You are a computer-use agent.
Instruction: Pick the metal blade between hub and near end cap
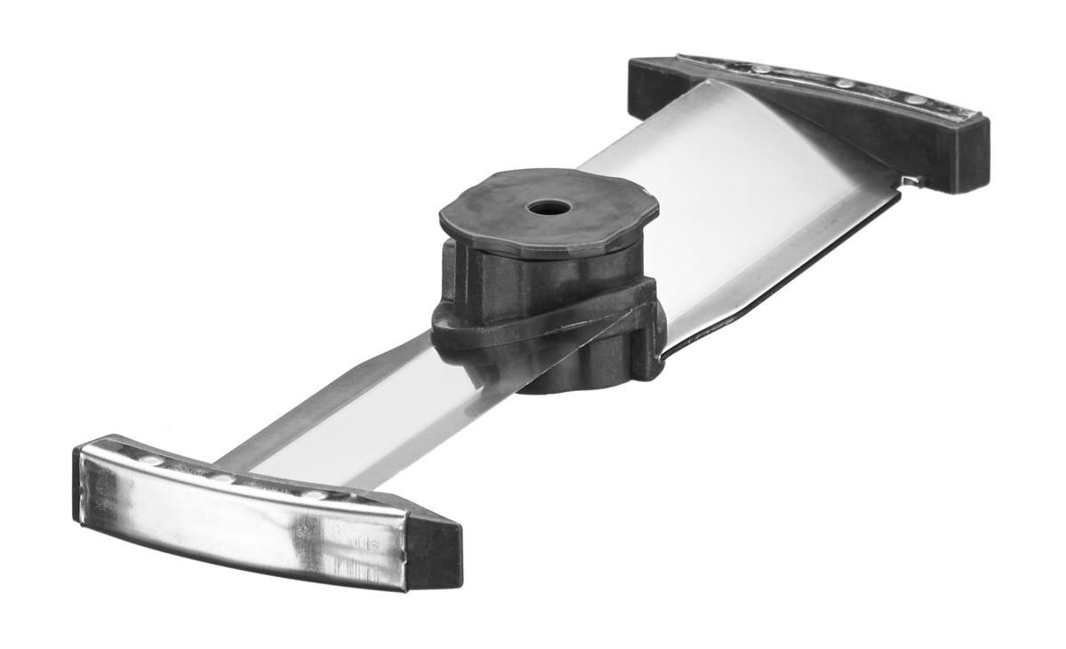373,418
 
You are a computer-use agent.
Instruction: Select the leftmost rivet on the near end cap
151,461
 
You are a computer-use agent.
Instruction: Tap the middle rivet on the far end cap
843,84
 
